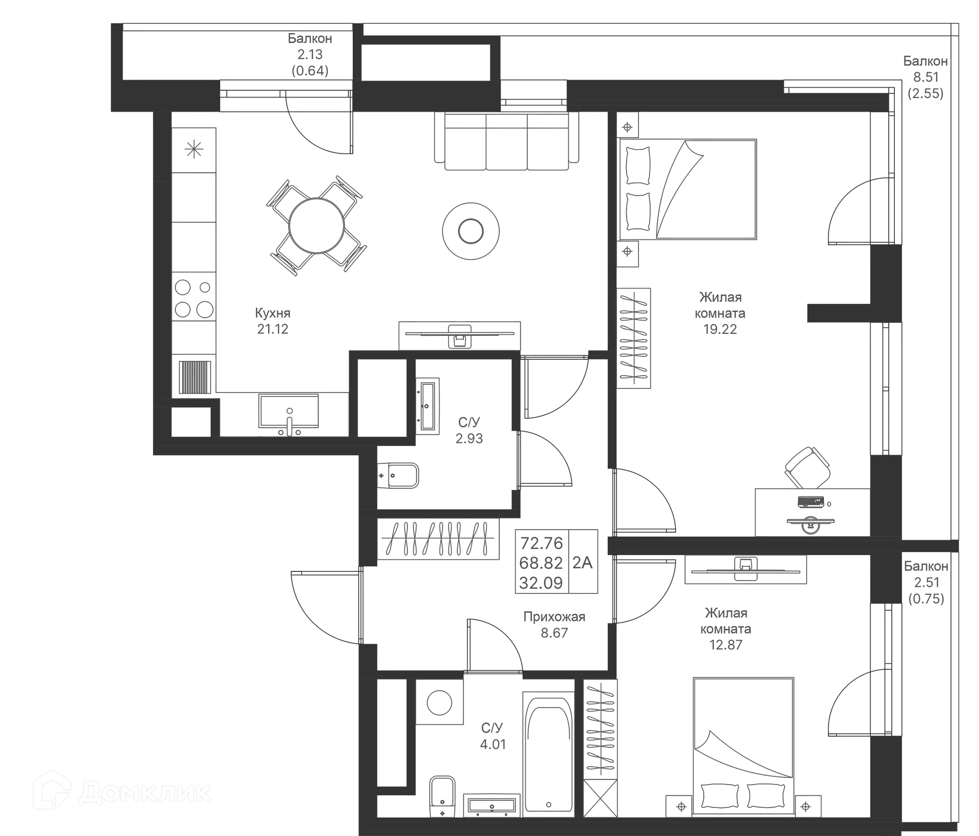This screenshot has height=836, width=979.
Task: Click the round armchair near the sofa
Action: coord(471,230)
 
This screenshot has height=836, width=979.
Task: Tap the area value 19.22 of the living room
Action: coord(719,329)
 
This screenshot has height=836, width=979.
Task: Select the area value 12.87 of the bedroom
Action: coord(726,645)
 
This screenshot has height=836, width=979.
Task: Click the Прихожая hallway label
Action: coord(554,617)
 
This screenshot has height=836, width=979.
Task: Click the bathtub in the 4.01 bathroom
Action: coord(548,754)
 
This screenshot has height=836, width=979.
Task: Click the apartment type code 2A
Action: coord(583,562)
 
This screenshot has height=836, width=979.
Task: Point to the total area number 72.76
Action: coord(542,542)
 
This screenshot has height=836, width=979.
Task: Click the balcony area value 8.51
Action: coord(925,77)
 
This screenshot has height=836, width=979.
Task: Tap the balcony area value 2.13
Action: coord(310,54)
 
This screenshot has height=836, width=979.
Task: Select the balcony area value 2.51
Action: coord(926,582)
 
